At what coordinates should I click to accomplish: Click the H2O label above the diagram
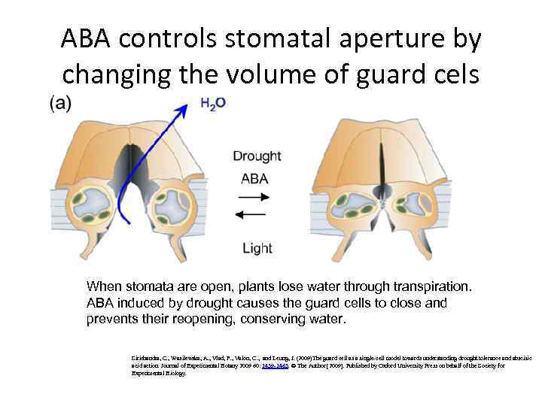(212, 105)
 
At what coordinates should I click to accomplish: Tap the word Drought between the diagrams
(257, 156)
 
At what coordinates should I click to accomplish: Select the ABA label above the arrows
(254, 179)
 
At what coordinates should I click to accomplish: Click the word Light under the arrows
(256, 248)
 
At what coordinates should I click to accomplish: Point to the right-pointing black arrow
(255, 198)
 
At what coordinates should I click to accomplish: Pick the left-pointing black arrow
(255, 216)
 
